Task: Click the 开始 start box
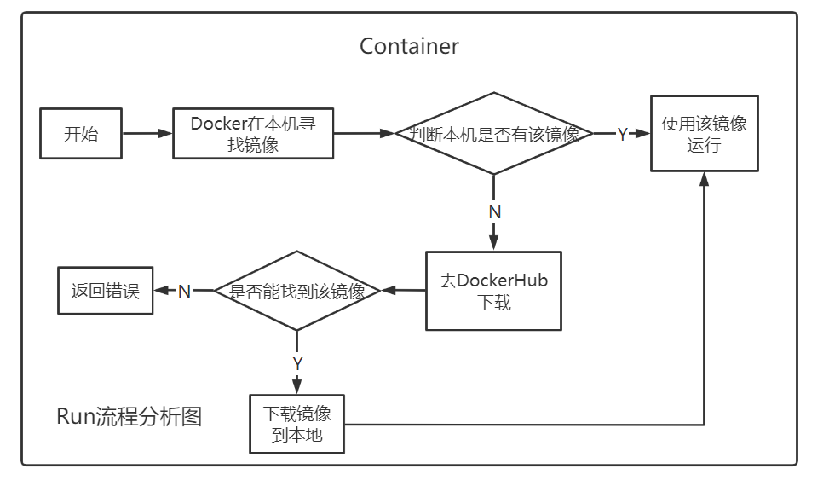pyautogui.click(x=81, y=134)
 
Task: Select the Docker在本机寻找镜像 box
pyautogui.click(x=253, y=134)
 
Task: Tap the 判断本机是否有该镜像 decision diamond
pyautogui.click(x=494, y=134)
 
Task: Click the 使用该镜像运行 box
pyautogui.click(x=705, y=134)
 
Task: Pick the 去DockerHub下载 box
pyautogui.click(x=493, y=291)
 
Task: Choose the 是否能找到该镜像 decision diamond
pyautogui.click(x=296, y=291)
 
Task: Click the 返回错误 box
pyautogui.click(x=105, y=291)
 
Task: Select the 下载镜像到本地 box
pyautogui.click(x=296, y=424)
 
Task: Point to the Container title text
pyautogui.click(x=409, y=46)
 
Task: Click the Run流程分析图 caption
pyautogui.click(x=129, y=417)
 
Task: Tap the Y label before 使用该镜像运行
pyautogui.click(x=622, y=134)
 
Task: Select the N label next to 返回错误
pyautogui.click(x=184, y=291)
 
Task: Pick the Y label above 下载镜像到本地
pyautogui.click(x=297, y=362)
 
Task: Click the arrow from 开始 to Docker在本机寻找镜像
pyautogui.click(x=147, y=134)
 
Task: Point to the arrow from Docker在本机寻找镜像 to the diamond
pyautogui.click(x=365, y=134)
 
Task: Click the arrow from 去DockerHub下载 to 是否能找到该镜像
pyautogui.click(x=403, y=291)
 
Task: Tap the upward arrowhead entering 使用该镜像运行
pyautogui.click(x=705, y=179)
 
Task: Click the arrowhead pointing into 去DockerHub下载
pyautogui.click(x=494, y=244)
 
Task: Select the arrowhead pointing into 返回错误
pyautogui.click(x=160, y=291)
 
